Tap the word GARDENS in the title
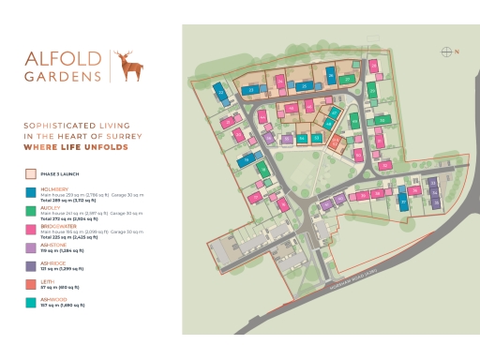63,75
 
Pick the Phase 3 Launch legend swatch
32,173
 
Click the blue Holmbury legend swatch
32,191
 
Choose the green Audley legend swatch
32,211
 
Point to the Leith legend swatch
32,284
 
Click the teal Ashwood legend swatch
32,302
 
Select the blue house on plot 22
221,93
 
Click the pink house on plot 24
280,83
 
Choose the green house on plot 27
348,80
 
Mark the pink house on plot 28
373,67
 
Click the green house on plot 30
382,121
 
